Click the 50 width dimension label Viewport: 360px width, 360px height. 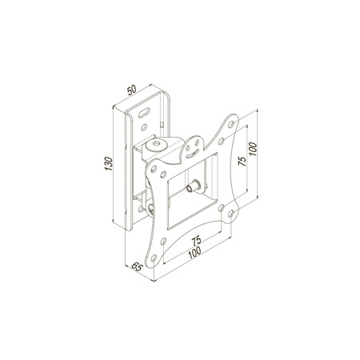click(x=132, y=90)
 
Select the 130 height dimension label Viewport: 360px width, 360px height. click(x=109, y=164)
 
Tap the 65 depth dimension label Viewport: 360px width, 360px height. click(x=138, y=266)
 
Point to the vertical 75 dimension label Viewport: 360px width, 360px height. click(x=242, y=162)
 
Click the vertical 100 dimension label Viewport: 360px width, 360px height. click(x=253, y=150)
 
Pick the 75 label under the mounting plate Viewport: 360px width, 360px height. click(x=196, y=241)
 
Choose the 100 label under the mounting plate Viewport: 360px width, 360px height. click(x=194, y=253)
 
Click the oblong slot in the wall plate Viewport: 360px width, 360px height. click(x=144, y=112)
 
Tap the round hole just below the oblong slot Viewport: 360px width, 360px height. click(x=144, y=127)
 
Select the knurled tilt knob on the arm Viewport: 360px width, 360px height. click(x=156, y=145)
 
